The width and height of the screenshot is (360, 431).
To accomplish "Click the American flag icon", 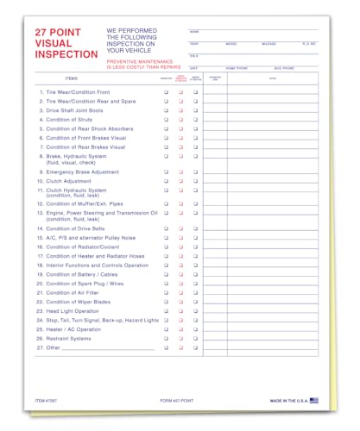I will tap(313, 400).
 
